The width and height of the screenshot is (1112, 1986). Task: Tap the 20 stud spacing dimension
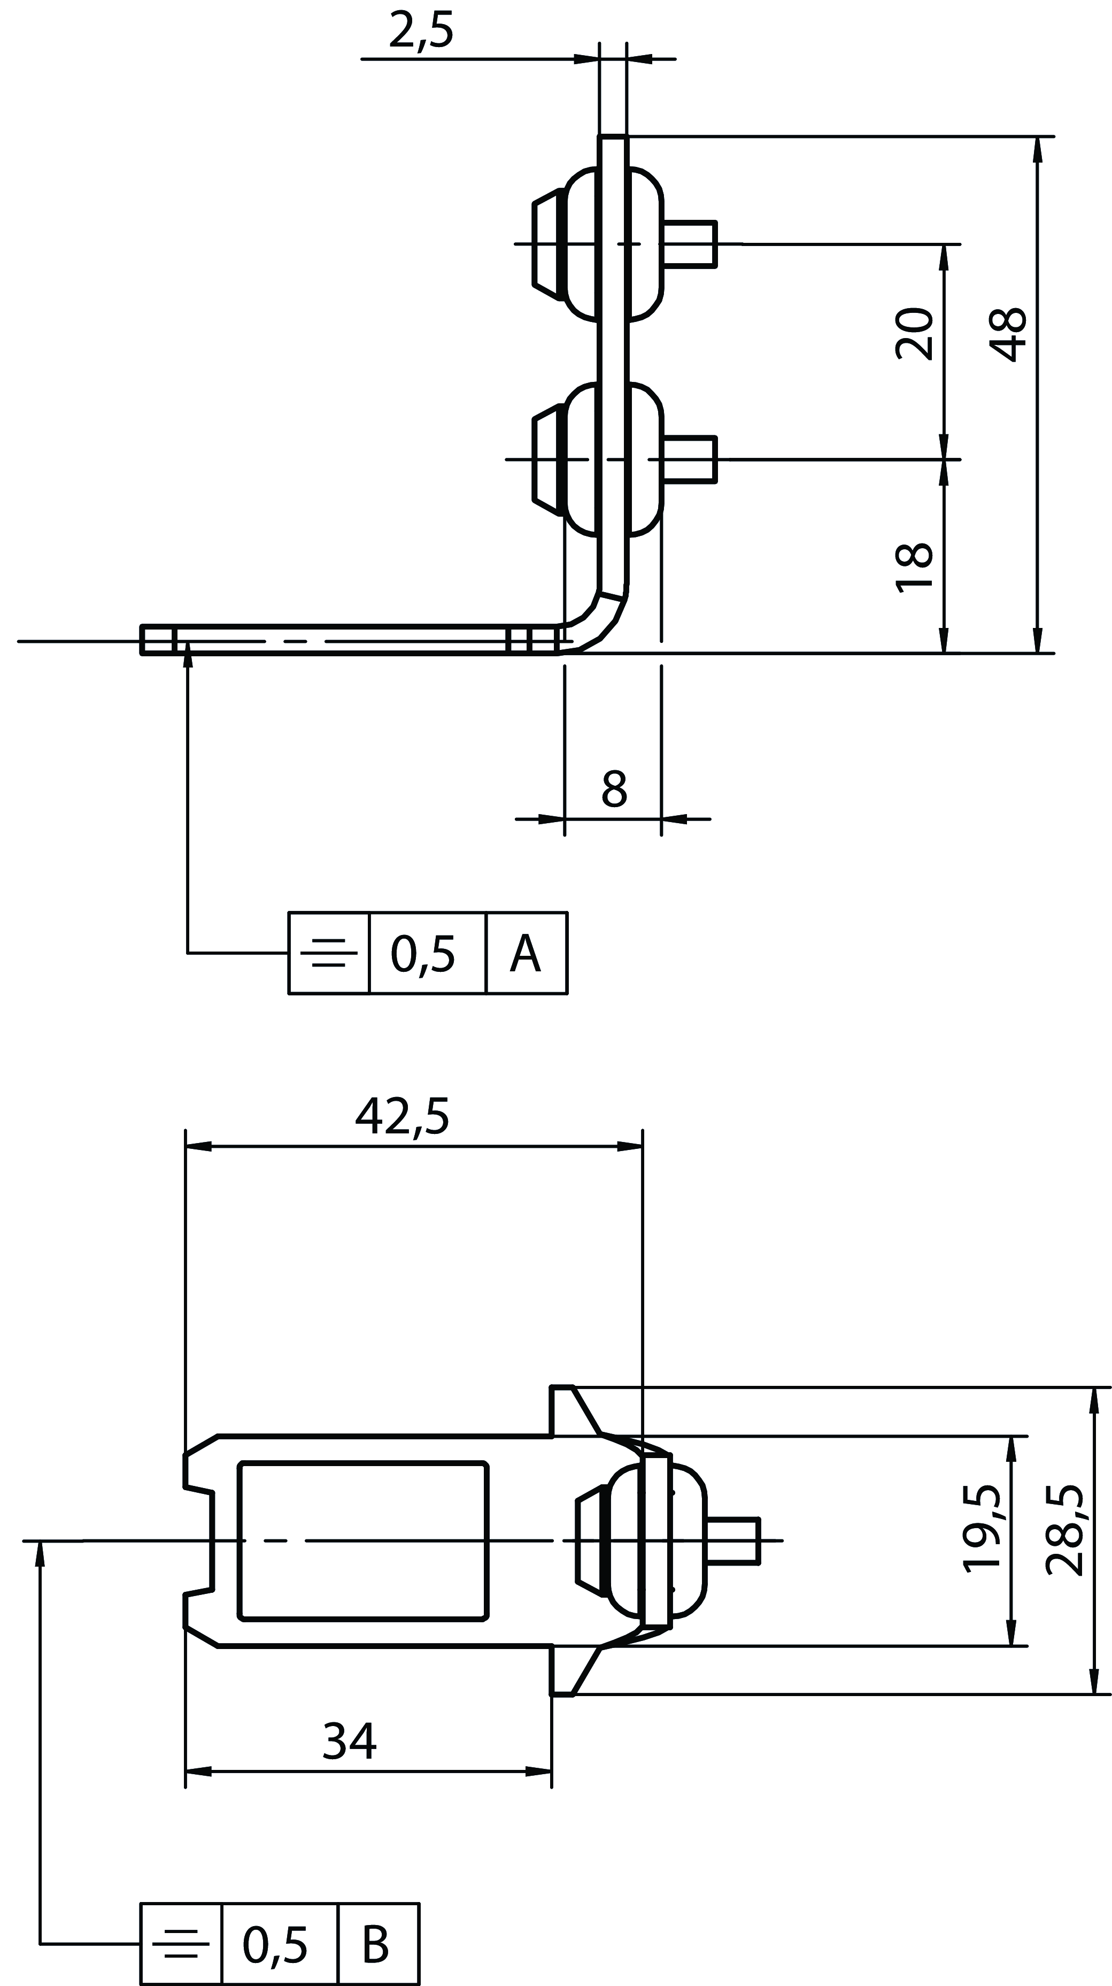click(x=915, y=334)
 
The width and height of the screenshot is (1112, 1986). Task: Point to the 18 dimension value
click(x=915, y=568)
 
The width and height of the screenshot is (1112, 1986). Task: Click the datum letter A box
click(x=527, y=954)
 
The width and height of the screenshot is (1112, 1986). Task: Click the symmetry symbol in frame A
click(x=329, y=954)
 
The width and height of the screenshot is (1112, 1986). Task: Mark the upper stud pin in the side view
click(x=691, y=243)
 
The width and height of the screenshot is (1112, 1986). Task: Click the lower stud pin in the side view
click(x=691, y=459)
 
